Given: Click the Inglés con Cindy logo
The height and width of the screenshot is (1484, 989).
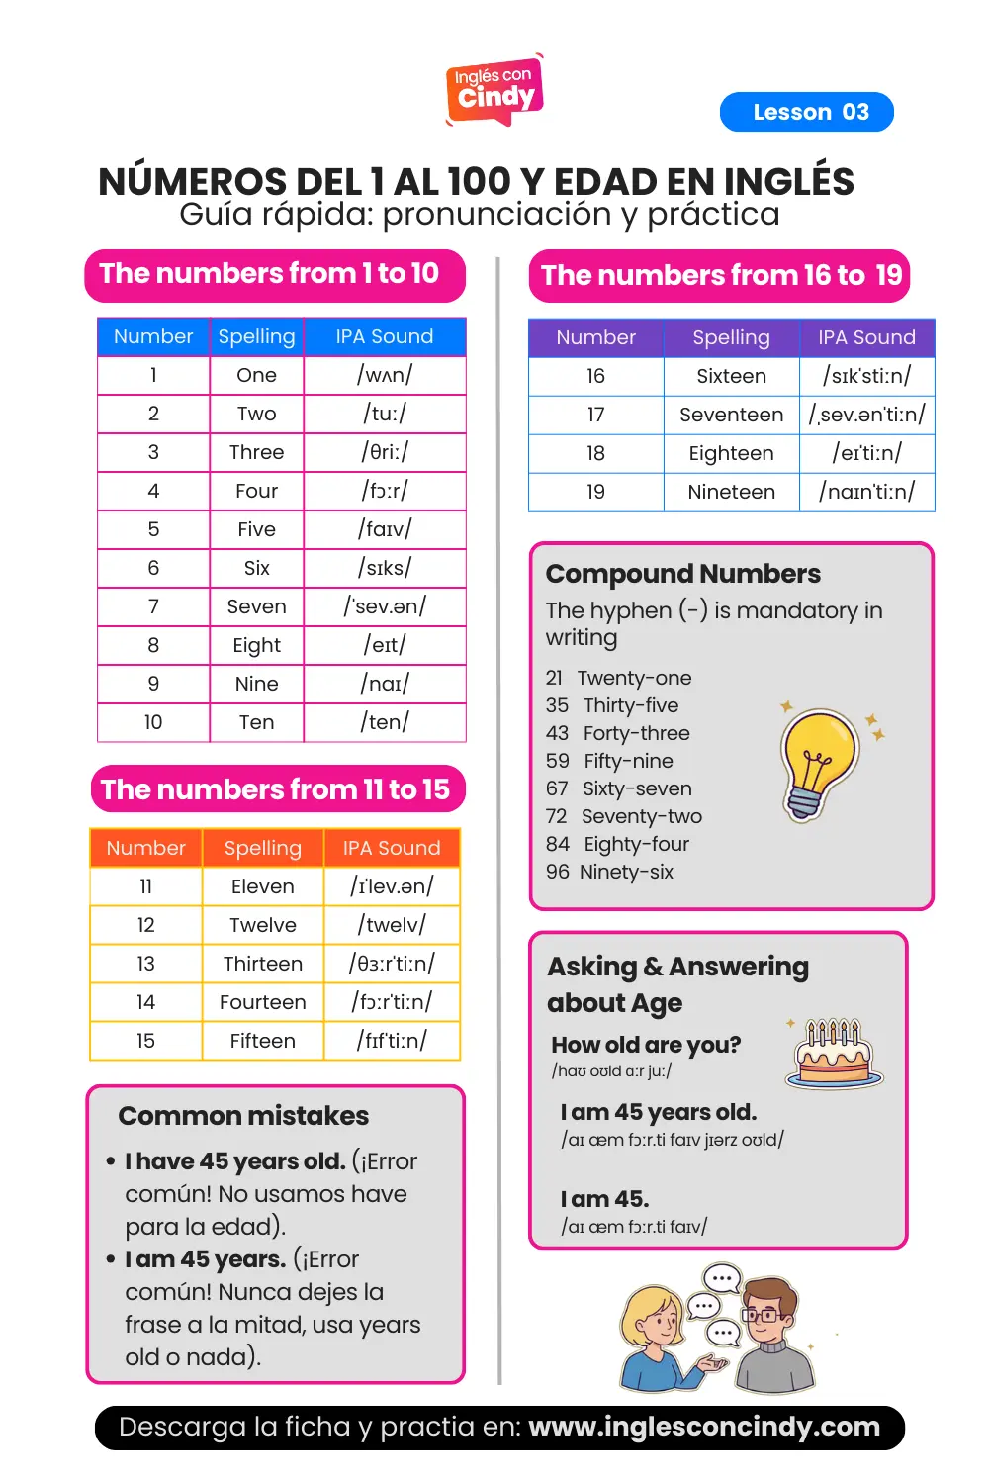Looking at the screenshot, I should click(494, 89).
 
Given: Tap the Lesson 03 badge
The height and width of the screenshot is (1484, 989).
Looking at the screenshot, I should click(806, 112).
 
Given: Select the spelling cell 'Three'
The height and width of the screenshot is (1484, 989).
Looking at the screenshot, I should click(256, 452).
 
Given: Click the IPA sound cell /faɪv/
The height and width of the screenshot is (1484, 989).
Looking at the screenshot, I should click(385, 529).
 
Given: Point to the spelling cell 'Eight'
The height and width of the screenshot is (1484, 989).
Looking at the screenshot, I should click(256, 645).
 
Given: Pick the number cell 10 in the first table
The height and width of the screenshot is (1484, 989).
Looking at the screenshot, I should click(153, 722).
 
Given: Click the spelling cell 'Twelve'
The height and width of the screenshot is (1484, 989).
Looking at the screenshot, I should click(262, 925).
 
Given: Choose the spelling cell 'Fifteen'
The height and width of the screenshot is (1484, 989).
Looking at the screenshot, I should click(262, 1041).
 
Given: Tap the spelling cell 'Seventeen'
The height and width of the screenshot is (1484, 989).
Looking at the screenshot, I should click(731, 415).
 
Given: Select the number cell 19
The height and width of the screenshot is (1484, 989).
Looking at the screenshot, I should click(595, 492).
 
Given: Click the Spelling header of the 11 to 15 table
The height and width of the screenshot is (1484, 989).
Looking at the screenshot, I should click(262, 848).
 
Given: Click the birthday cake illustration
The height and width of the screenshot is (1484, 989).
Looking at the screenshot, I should click(835, 1054).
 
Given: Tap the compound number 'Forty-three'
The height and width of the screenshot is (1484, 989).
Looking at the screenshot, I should click(636, 733).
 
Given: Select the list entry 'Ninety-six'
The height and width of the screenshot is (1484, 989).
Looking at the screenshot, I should click(626, 872).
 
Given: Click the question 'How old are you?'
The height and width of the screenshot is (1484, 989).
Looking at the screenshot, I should click(646, 1045).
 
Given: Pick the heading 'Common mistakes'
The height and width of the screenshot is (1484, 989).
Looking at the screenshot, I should click(243, 1116).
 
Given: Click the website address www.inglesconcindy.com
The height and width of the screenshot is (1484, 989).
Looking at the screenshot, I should click(704, 1427).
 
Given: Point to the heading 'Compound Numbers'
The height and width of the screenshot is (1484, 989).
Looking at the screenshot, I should click(682, 574).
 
